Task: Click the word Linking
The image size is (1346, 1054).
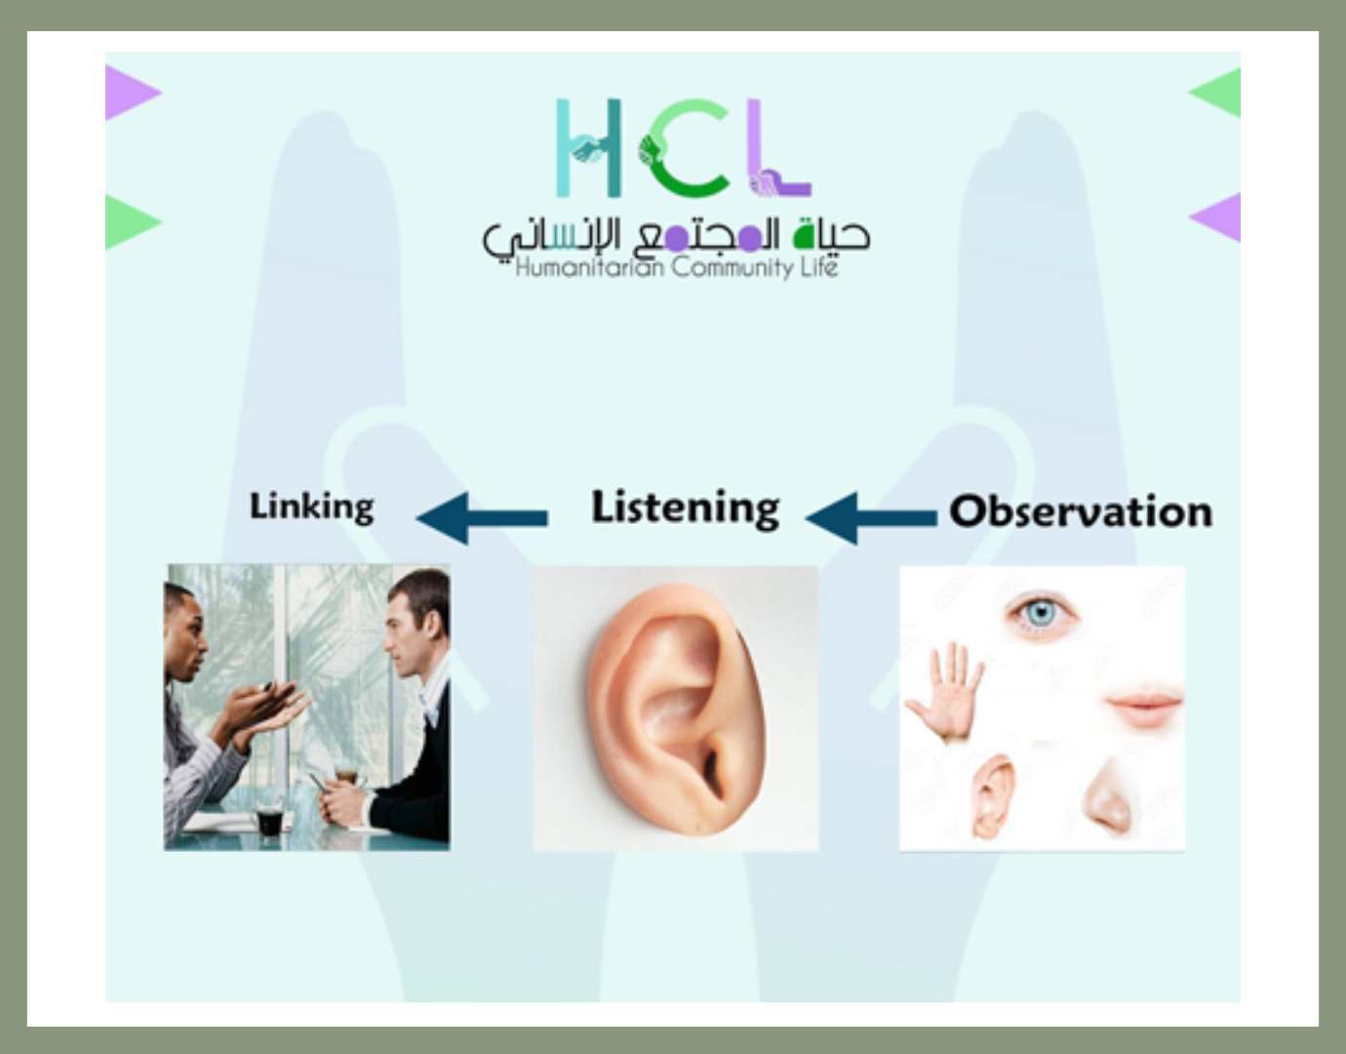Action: (311, 508)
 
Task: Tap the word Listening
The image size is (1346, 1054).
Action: (685, 508)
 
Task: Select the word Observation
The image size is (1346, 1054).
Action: (1081, 512)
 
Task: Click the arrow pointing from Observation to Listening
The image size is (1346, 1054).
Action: (870, 518)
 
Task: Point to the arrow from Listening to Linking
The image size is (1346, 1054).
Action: (481, 518)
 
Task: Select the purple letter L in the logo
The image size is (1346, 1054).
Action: (778, 147)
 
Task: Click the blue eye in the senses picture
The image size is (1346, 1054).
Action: (1042, 614)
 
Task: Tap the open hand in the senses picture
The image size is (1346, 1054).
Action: (945, 692)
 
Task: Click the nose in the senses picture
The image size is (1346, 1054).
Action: (1107, 795)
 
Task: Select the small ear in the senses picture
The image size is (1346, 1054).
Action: (993, 797)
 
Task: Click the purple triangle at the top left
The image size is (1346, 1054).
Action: (133, 93)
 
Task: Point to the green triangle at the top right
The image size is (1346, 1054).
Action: (1214, 93)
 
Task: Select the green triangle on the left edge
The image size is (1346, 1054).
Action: (133, 222)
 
